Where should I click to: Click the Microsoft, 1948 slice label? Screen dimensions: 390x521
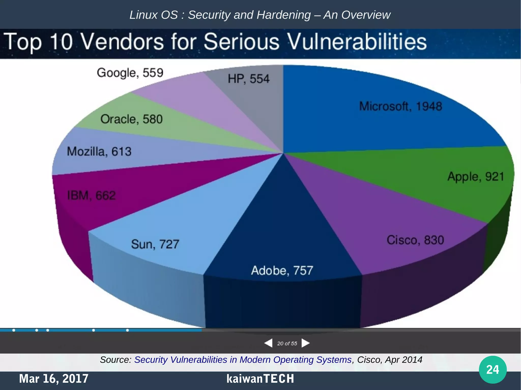tap(400, 106)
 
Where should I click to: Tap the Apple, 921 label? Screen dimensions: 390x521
tap(475, 177)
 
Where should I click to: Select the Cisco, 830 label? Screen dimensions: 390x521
tap(415, 240)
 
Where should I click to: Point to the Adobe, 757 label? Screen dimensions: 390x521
tap(282, 271)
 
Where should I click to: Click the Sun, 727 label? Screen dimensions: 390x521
tap(155, 244)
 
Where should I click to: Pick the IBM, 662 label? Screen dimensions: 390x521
tap(91, 196)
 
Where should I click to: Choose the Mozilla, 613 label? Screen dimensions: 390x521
tap(99, 152)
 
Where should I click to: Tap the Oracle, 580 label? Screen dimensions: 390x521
tap(131, 119)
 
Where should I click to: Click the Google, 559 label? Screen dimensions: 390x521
tap(130, 73)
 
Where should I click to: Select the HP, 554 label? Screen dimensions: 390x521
tap(248, 79)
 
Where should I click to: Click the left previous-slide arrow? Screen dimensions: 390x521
tap(268, 343)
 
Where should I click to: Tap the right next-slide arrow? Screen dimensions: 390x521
tap(306, 343)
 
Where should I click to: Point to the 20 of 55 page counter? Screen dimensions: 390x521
tap(287, 344)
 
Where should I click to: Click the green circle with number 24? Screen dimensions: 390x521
tap(493, 369)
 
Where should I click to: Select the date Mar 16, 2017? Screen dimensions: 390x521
tap(54, 379)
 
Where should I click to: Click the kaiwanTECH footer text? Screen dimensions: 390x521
tap(260, 379)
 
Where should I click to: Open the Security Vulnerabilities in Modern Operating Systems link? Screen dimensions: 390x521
tap(243, 360)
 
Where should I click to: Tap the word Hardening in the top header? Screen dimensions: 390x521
tap(283, 15)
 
